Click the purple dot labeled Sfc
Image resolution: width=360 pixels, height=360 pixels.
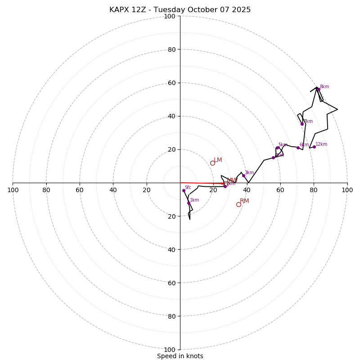184,190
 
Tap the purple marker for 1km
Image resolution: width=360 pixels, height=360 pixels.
189,203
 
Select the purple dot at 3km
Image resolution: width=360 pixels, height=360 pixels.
243,175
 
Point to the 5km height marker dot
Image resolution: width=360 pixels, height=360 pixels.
277,148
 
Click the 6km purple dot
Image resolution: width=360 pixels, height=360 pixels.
298,148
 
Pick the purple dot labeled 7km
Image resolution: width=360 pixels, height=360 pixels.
302,124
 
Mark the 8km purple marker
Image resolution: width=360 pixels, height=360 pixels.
318,89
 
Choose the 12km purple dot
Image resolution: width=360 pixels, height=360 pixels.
314,147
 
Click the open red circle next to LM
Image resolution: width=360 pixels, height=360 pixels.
212,163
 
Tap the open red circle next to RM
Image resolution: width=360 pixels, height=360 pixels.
238,204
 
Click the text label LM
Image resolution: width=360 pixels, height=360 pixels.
218,160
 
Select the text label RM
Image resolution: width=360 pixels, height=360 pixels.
244,201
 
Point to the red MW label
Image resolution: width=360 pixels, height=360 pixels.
232,180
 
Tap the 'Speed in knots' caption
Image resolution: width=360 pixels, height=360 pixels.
180,356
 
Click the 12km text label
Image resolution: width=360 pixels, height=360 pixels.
321,144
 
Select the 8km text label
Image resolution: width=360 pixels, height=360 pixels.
324,87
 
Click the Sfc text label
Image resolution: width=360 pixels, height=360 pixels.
188,187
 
